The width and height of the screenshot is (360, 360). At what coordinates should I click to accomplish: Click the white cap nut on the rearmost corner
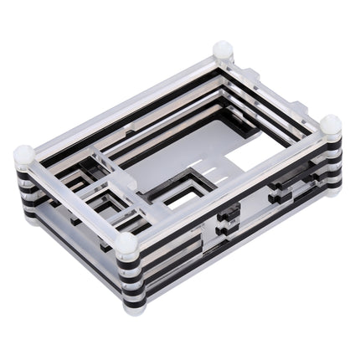coord(223,49)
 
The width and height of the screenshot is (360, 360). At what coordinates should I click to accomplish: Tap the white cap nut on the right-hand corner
coord(331,125)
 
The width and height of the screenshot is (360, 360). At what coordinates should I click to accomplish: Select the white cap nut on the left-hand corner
coord(24,155)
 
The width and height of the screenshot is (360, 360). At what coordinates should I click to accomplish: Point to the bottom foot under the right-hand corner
coord(332,189)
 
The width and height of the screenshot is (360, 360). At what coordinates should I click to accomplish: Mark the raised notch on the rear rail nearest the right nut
coord(297,108)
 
